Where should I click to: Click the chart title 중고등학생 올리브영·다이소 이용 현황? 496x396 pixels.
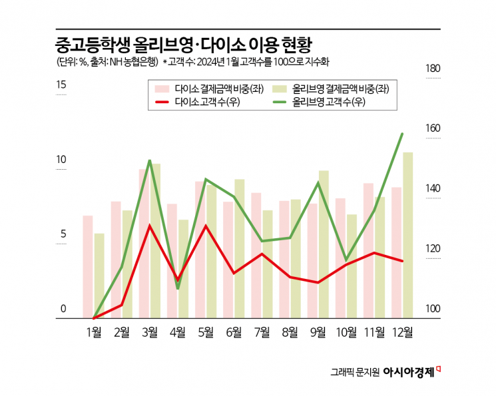pos(184,45)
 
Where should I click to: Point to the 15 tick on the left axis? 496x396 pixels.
pos(61,85)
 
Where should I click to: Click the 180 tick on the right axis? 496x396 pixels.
pos(432,69)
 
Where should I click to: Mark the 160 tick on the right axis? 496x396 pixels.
pos(432,128)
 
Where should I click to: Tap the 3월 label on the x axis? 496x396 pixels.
pos(150,333)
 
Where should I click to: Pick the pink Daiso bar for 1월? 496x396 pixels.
pos(87,266)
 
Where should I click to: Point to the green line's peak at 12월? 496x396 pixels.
pos(402,134)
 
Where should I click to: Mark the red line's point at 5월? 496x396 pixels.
pos(206,226)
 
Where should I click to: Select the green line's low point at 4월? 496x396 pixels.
pos(178,288)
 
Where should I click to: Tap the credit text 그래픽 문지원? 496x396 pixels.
pos(355,372)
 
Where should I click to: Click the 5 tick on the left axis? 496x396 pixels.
pos(61,234)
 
